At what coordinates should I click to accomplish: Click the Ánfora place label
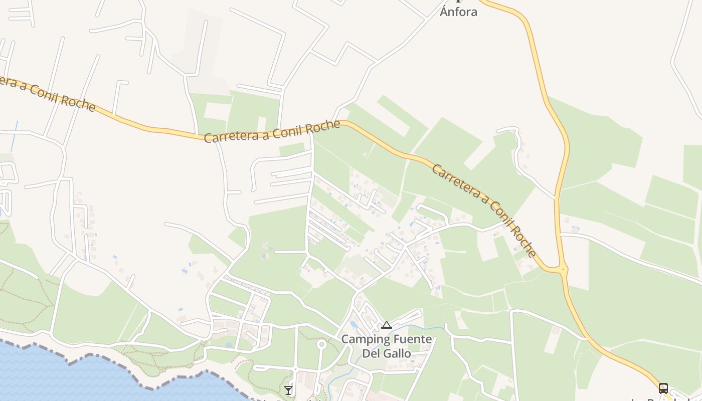[458, 12]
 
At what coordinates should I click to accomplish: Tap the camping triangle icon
[386, 325]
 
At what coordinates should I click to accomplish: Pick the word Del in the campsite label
[371, 354]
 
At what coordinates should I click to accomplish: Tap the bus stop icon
[663, 388]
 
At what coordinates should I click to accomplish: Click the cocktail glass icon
[288, 390]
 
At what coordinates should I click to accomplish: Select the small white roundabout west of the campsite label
[321, 345]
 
